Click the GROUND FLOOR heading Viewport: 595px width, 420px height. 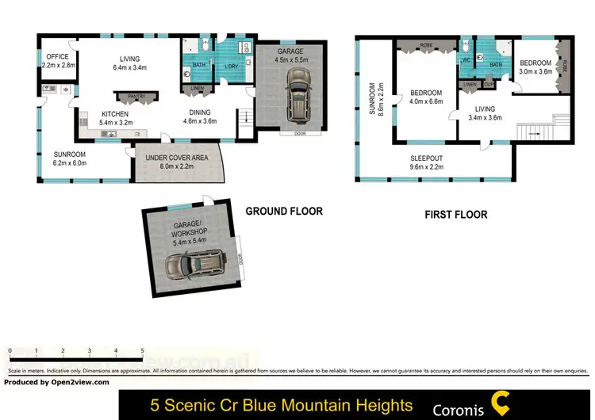[283, 212]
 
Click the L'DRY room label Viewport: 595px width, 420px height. [232, 67]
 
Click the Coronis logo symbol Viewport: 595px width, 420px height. [501, 403]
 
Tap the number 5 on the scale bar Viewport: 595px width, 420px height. [142, 349]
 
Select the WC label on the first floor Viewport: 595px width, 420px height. [466, 59]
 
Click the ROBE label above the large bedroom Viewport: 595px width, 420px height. [425, 45]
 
